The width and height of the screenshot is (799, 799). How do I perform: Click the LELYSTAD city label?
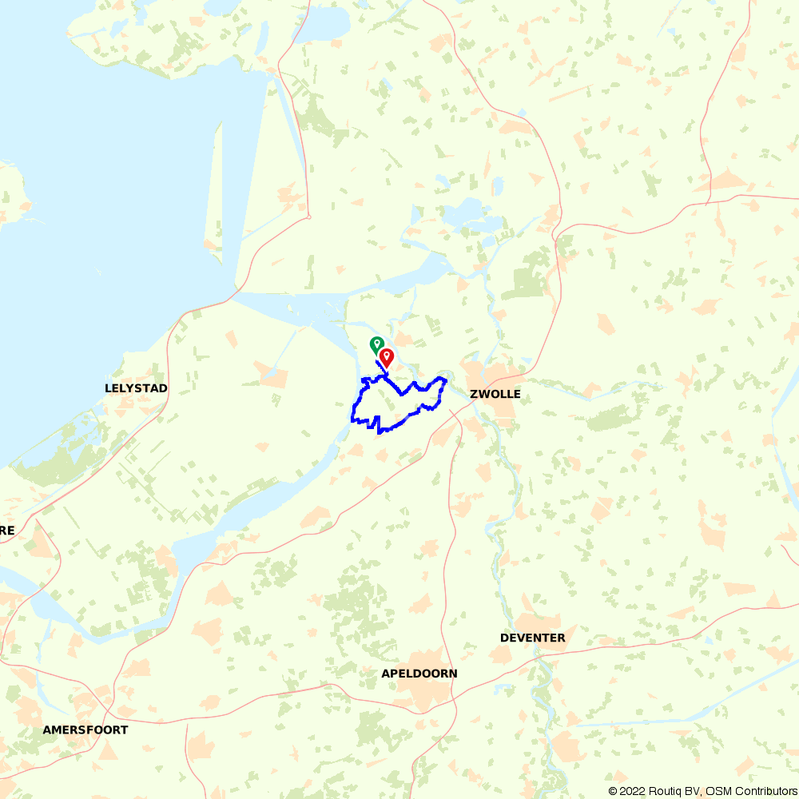click(136, 388)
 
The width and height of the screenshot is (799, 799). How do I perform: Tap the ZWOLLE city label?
click(495, 395)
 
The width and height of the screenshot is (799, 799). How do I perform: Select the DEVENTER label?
click(532, 638)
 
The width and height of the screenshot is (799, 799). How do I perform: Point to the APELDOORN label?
click(419, 674)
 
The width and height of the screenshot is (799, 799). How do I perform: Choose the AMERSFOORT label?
click(85, 729)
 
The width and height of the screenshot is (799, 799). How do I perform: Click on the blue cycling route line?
click(353, 407)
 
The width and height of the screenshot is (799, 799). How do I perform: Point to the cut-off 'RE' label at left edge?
click(6, 530)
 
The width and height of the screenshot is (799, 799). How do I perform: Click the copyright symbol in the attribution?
click(614, 791)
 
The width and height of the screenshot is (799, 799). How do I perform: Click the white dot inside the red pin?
click(387, 354)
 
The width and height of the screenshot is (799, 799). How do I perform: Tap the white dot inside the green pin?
click(376, 342)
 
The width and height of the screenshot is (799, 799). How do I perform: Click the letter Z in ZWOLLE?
click(474, 395)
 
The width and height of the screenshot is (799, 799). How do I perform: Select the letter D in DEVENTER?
click(504, 638)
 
